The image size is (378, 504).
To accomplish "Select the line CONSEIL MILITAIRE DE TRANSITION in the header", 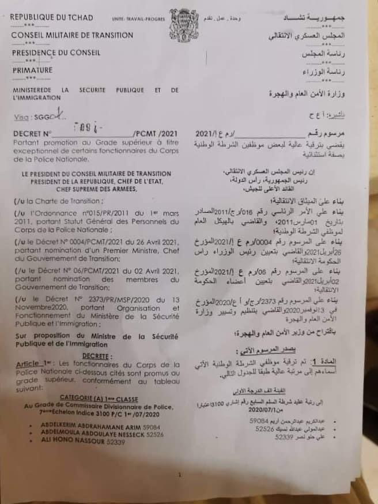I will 72,35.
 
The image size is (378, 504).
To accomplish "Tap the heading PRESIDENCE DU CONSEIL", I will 56,52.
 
